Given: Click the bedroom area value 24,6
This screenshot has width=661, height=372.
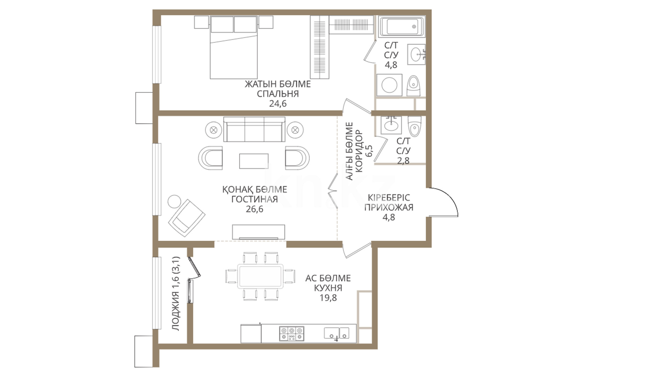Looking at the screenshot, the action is point(278,104).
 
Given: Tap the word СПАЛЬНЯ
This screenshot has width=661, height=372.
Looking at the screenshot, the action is point(278,94).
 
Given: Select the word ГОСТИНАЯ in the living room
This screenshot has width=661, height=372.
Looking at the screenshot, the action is point(254,199).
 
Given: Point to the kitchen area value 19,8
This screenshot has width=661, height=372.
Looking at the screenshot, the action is point(328,298).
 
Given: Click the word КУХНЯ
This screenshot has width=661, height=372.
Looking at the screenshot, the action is point(328,288).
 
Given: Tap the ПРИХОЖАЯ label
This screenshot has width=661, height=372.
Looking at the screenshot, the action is point(389,207).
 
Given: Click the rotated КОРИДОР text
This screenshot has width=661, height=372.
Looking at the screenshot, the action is point(359,151).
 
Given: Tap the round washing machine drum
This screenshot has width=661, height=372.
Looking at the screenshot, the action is point(389,85).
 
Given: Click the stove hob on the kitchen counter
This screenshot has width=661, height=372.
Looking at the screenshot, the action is point(292,333).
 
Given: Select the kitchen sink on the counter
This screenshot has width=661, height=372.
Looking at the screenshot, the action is point(336,333).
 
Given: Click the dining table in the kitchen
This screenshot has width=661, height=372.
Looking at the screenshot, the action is point(260,277).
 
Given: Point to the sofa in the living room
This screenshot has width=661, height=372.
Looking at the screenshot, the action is point(254,129).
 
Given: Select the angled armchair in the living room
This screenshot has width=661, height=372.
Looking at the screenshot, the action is point(186,218).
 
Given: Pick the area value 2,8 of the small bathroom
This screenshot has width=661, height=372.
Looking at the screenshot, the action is point(403,161).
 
